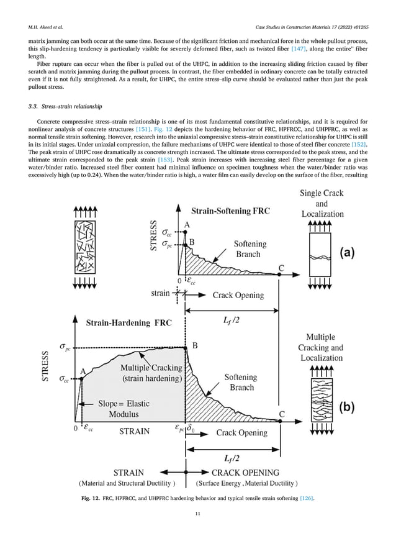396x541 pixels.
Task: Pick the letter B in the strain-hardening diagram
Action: click(194, 346)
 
